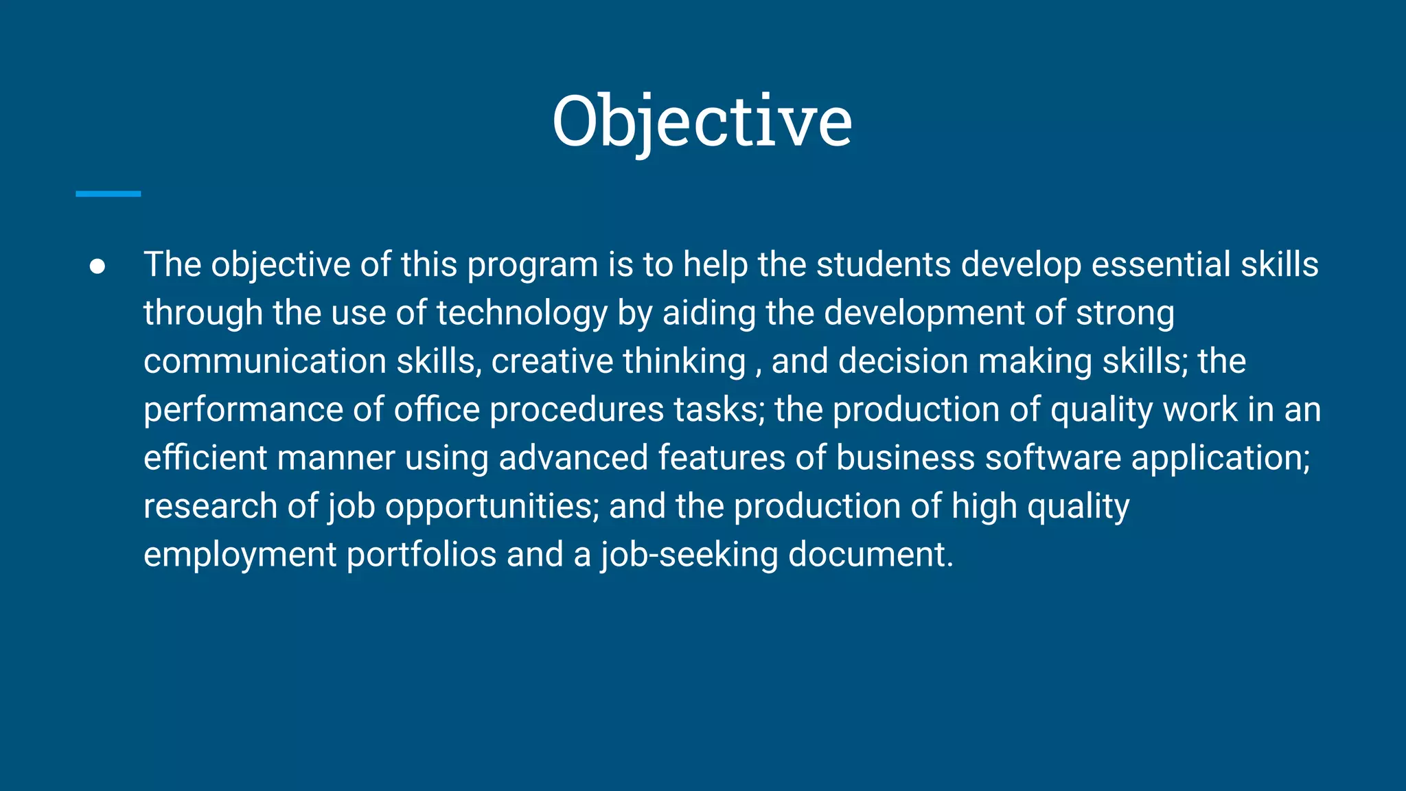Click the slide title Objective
pos(702,122)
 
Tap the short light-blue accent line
pos(108,194)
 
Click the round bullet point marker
pos(97,266)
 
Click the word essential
pos(1161,264)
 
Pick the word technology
pos(522,314)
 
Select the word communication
pos(265,361)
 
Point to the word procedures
pos(576,410)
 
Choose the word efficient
pos(205,458)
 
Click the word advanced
pos(573,458)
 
